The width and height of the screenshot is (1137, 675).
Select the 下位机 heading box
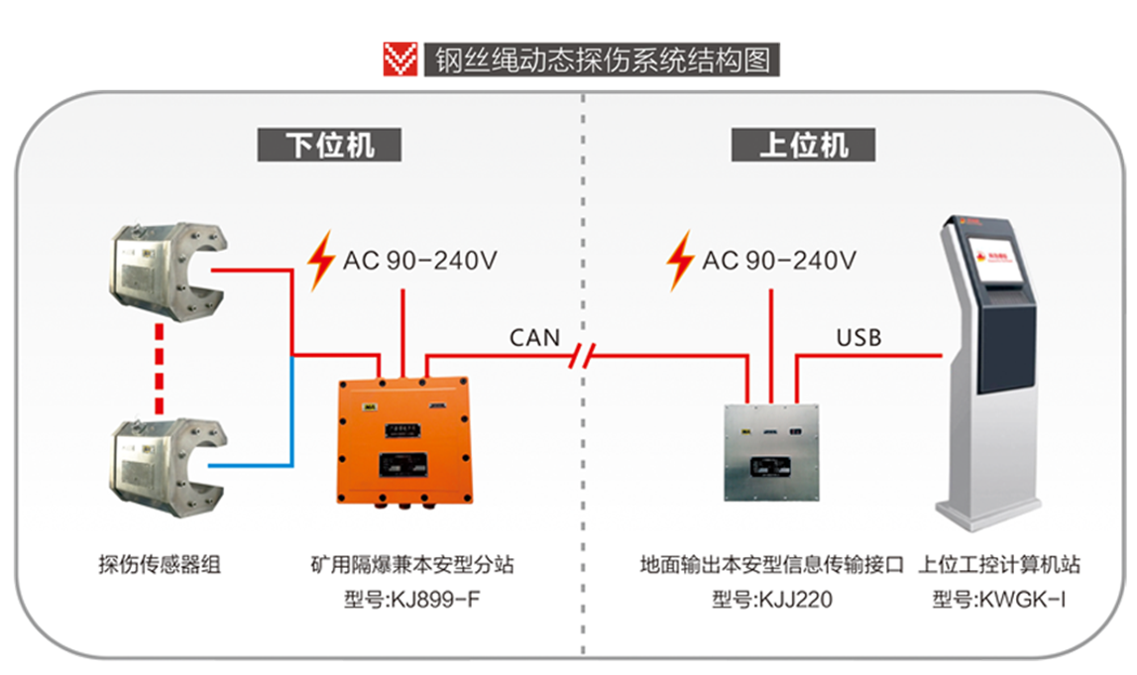coord(330,145)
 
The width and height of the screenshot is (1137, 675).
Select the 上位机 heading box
coord(804,145)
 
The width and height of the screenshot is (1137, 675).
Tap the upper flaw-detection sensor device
coord(168,270)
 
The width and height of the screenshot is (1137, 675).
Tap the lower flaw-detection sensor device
coord(168,466)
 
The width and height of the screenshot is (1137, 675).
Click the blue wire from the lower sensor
coord(291,416)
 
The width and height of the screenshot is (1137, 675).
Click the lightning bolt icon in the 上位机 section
coord(680,261)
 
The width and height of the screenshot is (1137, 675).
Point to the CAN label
coord(535,338)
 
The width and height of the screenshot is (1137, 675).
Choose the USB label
coord(858,338)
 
